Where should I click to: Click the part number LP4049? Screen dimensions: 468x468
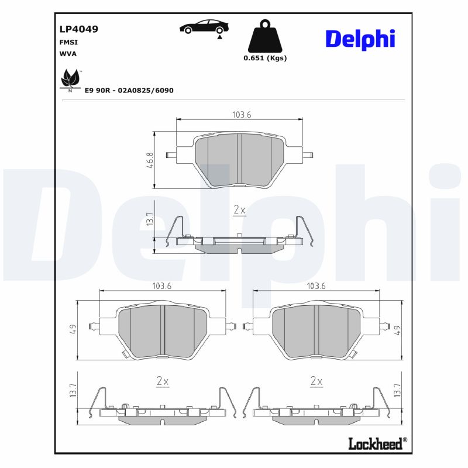(x=78, y=29)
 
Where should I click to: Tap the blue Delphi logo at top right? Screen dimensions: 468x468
(x=360, y=39)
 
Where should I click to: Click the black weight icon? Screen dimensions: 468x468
(x=265, y=37)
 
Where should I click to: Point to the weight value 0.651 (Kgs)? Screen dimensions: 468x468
(x=265, y=58)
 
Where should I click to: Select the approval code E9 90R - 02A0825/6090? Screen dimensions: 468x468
(x=129, y=91)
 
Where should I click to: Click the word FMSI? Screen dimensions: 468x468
(x=69, y=43)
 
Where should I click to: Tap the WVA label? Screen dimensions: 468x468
(x=68, y=53)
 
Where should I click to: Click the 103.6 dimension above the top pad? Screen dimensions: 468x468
(x=241, y=115)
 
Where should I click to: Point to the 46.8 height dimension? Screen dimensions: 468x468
(x=150, y=160)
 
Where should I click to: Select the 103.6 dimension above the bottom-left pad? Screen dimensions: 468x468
(x=161, y=286)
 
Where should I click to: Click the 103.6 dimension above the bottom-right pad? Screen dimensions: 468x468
(x=316, y=286)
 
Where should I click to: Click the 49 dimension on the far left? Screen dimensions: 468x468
(x=74, y=331)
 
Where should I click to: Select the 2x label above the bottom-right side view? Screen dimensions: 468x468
(x=316, y=381)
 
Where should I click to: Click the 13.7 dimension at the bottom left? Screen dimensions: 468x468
(x=74, y=391)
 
